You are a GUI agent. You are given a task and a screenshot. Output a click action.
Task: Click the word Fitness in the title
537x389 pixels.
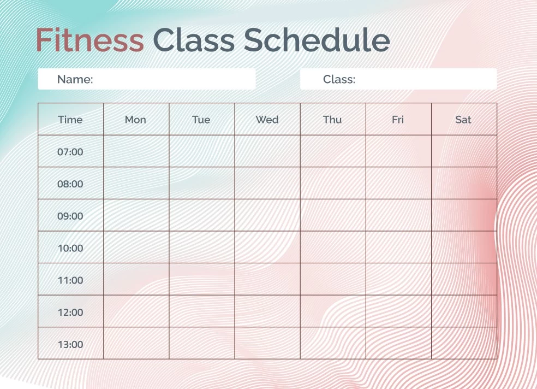click(x=89, y=40)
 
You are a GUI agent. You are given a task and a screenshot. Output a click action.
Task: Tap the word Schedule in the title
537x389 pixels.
click(x=317, y=40)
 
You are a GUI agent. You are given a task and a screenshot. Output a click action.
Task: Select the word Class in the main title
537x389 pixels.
click(x=194, y=40)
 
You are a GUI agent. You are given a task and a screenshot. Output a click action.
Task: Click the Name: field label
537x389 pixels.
click(x=75, y=79)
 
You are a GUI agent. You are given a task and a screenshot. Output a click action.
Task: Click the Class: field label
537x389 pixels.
click(x=339, y=79)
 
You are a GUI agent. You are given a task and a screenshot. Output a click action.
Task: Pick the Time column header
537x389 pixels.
click(x=70, y=120)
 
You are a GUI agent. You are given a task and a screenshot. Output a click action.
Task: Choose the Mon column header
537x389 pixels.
click(x=135, y=120)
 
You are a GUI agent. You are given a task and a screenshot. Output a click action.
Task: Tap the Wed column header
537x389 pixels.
click(x=267, y=120)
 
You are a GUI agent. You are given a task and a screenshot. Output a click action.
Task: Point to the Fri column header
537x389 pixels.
click(x=398, y=120)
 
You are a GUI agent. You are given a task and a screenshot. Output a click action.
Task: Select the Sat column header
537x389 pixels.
click(x=463, y=120)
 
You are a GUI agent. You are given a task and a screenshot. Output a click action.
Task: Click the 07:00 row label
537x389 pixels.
click(x=70, y=152)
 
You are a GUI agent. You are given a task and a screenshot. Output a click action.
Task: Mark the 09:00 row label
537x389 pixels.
click(x=70, y=216)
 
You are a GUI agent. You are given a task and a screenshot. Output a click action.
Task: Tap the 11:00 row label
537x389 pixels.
click(x=70, y=280)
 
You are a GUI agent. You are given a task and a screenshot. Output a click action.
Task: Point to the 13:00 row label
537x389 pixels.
click(x=70, y=344)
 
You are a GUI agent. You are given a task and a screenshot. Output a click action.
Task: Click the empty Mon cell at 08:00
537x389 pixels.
click(x=136, y=184)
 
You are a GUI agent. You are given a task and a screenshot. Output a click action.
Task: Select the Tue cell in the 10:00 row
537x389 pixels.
click(x=202, y=247)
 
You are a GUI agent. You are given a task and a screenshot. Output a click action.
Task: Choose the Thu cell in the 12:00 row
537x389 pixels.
click(x=333, y=311)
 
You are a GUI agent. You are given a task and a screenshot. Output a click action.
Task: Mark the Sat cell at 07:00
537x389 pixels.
click(x=464, y=151)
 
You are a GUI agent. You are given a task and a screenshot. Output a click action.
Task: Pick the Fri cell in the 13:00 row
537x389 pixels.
click(x=398, y=343)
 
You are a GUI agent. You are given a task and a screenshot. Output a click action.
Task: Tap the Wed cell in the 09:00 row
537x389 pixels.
click(x=267, y=215)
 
